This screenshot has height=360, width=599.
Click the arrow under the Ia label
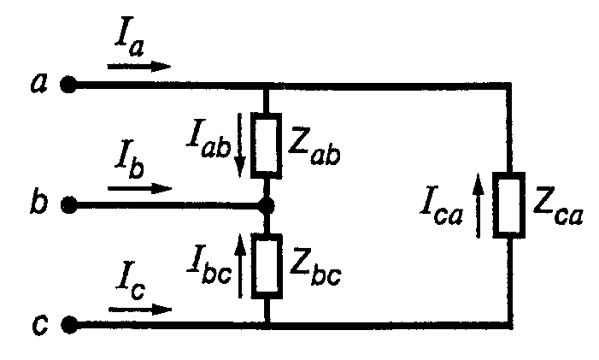139,65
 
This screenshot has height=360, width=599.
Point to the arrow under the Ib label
139,186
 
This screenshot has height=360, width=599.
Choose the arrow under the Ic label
139,307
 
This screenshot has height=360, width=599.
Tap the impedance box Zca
510,204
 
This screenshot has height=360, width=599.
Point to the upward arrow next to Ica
481,204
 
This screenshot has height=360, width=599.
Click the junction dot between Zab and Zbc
267,205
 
